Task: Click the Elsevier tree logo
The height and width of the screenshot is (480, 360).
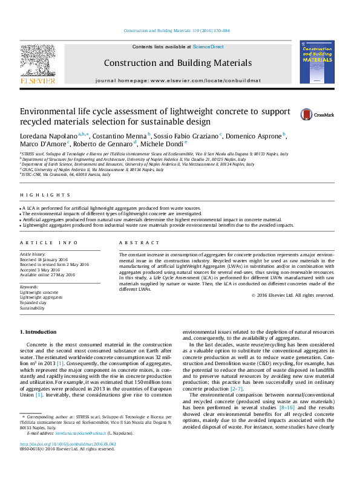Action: click(38, 63)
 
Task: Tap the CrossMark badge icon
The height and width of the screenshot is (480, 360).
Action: click(311, 114)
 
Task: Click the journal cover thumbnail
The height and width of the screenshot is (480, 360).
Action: click(317, 62)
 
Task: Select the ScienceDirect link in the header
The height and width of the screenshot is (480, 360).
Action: click(208, 47)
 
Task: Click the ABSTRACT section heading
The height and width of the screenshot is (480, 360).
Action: click(135, 242)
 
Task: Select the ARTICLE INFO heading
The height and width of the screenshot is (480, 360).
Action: click(49, 242)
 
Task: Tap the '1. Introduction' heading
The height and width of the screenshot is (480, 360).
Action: click(38, 332)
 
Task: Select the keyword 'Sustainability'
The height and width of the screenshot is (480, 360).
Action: click(32, 308)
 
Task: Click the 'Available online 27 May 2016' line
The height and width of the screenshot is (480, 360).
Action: click(47, 274)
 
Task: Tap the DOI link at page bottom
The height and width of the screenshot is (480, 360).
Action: click(69, 461)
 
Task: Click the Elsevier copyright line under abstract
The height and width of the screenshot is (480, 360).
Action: click(292, 295)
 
